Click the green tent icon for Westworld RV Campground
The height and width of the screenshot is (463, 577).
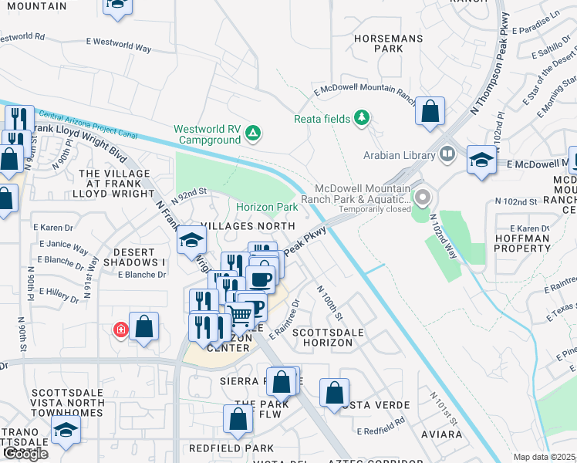click(x=252, y=135)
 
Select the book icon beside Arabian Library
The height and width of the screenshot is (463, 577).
click(x=447, y=155)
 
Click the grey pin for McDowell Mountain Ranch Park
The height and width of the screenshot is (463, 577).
click(x=422, y=198)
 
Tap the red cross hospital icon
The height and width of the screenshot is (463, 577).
click(x=120, y=330)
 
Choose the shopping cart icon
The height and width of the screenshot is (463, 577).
click(x=240, y=315)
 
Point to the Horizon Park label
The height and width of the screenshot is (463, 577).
click(x=267, y=208)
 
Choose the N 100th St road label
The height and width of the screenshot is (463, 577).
click(x=329, y=302)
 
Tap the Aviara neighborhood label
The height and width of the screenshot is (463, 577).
click(x=440, y=434)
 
